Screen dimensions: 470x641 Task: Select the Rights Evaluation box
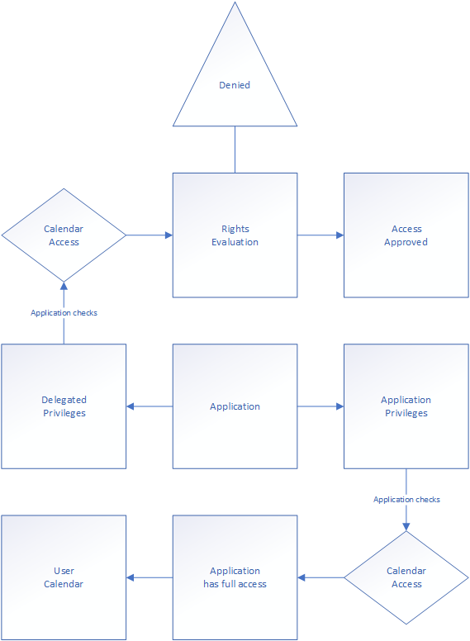coord(235,235)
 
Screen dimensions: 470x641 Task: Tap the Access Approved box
coord(406,235)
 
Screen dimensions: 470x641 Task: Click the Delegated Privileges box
coord(64,406)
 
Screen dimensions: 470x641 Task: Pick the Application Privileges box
coord(406,406)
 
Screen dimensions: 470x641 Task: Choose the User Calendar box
coord(64,577)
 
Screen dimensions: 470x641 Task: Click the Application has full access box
coord(235,577)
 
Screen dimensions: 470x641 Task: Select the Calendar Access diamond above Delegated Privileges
coord(64,235)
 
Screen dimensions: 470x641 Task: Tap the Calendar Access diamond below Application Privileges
coord(406,577)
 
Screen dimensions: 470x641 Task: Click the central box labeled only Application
coord(235,406)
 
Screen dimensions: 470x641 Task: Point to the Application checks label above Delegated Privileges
coord(64,313)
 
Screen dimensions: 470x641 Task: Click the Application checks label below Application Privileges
coord(406,500)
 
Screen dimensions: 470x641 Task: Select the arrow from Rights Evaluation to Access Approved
coord(320,235)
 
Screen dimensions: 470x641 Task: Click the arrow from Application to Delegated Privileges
coord(150,406)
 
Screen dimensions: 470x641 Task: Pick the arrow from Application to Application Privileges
coord(320,406)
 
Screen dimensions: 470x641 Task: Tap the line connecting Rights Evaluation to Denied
coord(235,150)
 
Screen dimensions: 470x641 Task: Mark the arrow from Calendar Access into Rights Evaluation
coord(150,235)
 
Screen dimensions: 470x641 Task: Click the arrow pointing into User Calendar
coord(150,577)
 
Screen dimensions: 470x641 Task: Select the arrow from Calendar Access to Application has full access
coord(320,577)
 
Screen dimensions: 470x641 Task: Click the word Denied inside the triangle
coord(235,85)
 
